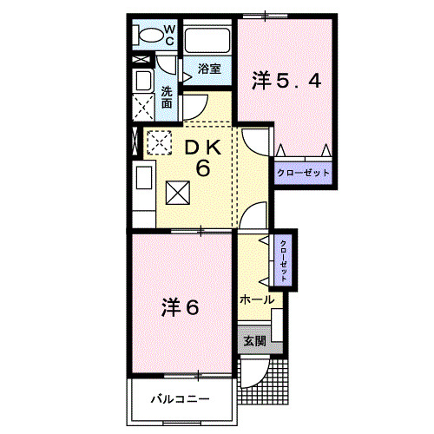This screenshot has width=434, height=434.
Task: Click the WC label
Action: (x=170, y=35)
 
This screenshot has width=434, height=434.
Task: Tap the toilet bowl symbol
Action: (x=151, y=36)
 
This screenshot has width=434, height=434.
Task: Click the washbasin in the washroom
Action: (x=142, y=81)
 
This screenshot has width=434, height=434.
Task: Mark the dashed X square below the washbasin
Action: (x=143, y=108)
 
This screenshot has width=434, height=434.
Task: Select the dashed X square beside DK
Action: (x=159, y=141)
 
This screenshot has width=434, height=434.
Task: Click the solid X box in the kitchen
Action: (x=175, y=191)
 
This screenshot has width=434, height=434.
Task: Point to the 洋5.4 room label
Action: (x=287, y=81)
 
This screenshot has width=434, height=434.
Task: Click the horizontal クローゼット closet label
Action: (x=303, y=174)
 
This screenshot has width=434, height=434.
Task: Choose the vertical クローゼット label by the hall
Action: (x=283, y=259)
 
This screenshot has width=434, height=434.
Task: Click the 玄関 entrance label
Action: (x=254, y=339)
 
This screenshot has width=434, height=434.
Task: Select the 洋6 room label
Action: (x=181, y=306)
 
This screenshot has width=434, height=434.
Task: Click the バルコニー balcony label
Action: (x=180, y=400)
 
